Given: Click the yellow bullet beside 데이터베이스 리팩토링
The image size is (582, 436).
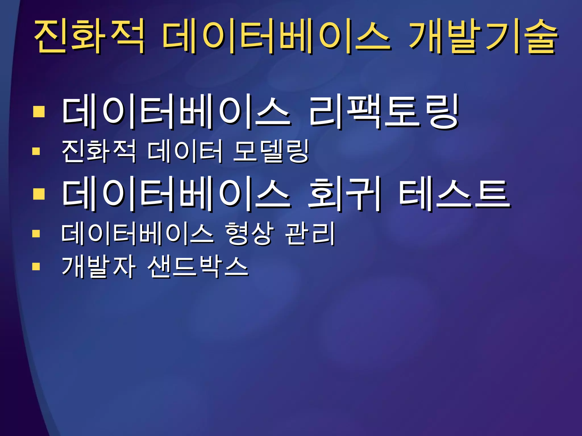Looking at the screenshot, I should coord(39,112).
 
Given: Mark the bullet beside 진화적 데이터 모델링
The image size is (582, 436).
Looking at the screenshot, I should coord(36,151).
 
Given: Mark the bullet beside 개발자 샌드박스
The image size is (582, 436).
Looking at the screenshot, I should coord(36,267).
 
